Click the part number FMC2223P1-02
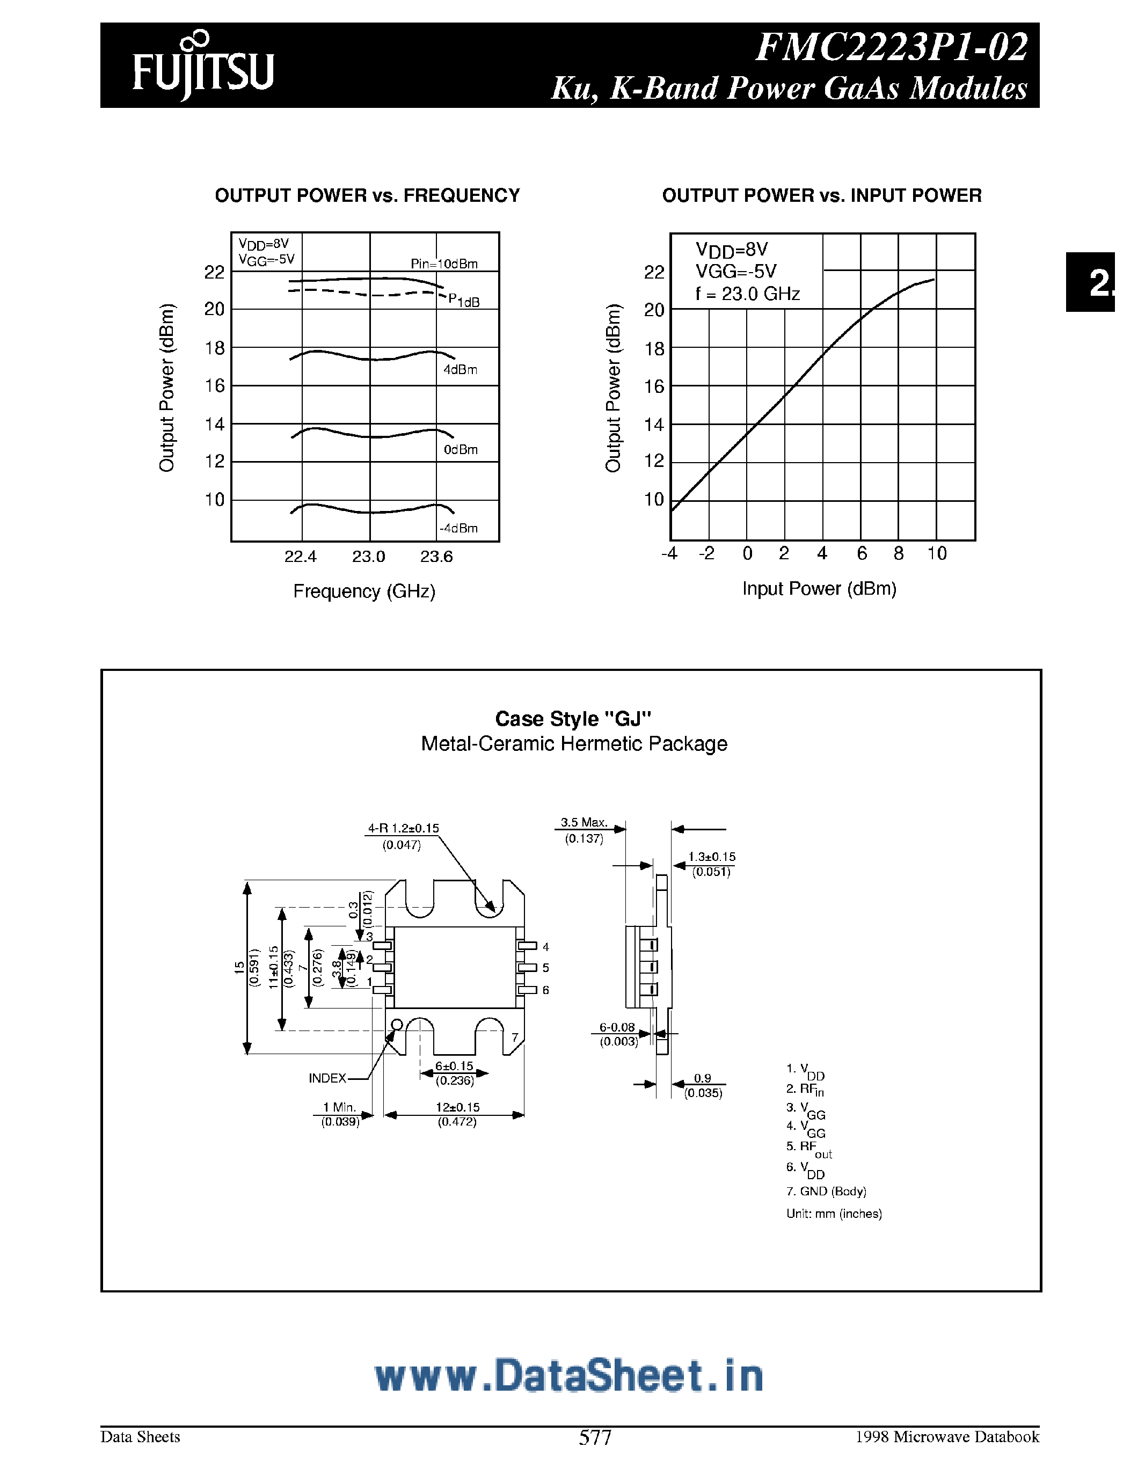click(x=891, y=47)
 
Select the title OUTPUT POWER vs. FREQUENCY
click(x=367, y=196)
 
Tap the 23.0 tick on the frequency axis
click(x=368, y=557)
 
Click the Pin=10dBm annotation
click(x=444, y=264)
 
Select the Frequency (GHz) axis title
click(x=364, y=591)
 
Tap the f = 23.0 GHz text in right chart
click(x=748, y=294)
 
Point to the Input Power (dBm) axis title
click(x=819, y=589)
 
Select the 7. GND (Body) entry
click(x=826, y=1192)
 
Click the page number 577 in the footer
click(x=595, y=1437)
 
